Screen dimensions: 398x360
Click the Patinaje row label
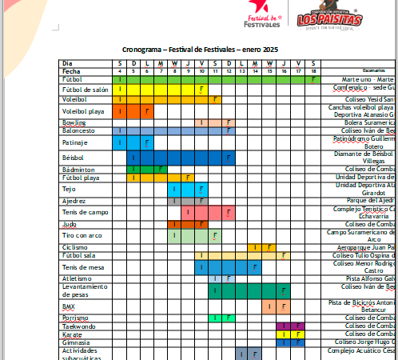pyautogui.click(x=75, y=142)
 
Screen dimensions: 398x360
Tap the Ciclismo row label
pyautogui.click(x=75, y=247)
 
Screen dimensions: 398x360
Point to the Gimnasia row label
pyautogui.click(x=76, y=342)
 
